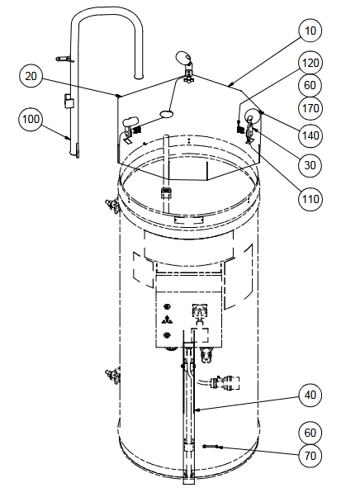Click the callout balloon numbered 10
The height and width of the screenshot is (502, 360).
(x=310, y=31)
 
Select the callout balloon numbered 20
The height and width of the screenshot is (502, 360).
(x=31, y=76)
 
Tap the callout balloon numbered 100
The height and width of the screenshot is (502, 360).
(x=31, y=119)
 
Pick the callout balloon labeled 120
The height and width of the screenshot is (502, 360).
(x=310, y=63)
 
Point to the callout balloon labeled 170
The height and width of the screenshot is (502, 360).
(x=310, y=108)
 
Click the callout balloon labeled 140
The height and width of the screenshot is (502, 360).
(x=310, y=135)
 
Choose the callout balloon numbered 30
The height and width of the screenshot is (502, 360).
(x=310, y=165)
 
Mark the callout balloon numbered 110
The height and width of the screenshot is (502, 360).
(x=310, y=199)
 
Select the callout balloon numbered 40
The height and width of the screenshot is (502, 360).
(x=310, y=395)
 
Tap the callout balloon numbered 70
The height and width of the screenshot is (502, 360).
(x=310, y=455)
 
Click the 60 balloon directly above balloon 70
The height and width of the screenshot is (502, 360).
(x=310, y=433)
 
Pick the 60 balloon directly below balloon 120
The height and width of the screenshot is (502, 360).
(x=310, y=86)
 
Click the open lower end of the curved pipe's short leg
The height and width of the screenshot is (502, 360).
(x=139, y=76)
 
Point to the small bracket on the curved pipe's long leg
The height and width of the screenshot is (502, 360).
(x=69, y=102)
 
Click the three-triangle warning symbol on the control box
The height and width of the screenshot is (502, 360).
(x=167, y=320)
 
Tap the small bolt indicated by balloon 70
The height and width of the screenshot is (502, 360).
(x=210, y=447)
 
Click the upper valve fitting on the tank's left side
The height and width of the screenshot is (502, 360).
(x=112, y=206)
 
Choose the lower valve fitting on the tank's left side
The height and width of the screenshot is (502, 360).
(x=112, y=376)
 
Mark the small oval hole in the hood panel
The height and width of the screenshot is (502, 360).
(x=167, y=113)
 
